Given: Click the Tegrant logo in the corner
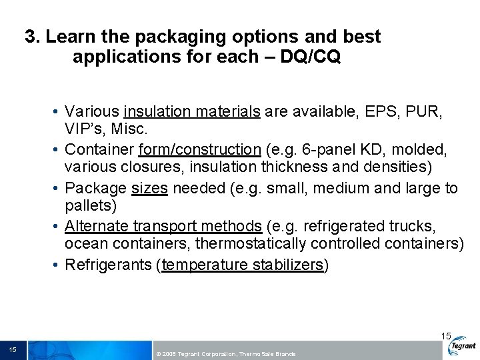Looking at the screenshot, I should (x=462, y=346).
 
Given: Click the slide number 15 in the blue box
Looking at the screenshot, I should (x=13, y=350).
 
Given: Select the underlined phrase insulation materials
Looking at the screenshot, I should (x=192, y=112).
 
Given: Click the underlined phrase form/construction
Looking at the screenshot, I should (x=199, y=150).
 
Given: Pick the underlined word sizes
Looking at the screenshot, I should (x=149, y=188).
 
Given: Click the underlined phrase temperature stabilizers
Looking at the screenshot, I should (x=242, y=265).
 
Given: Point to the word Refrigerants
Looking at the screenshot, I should (x=109, y=265).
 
